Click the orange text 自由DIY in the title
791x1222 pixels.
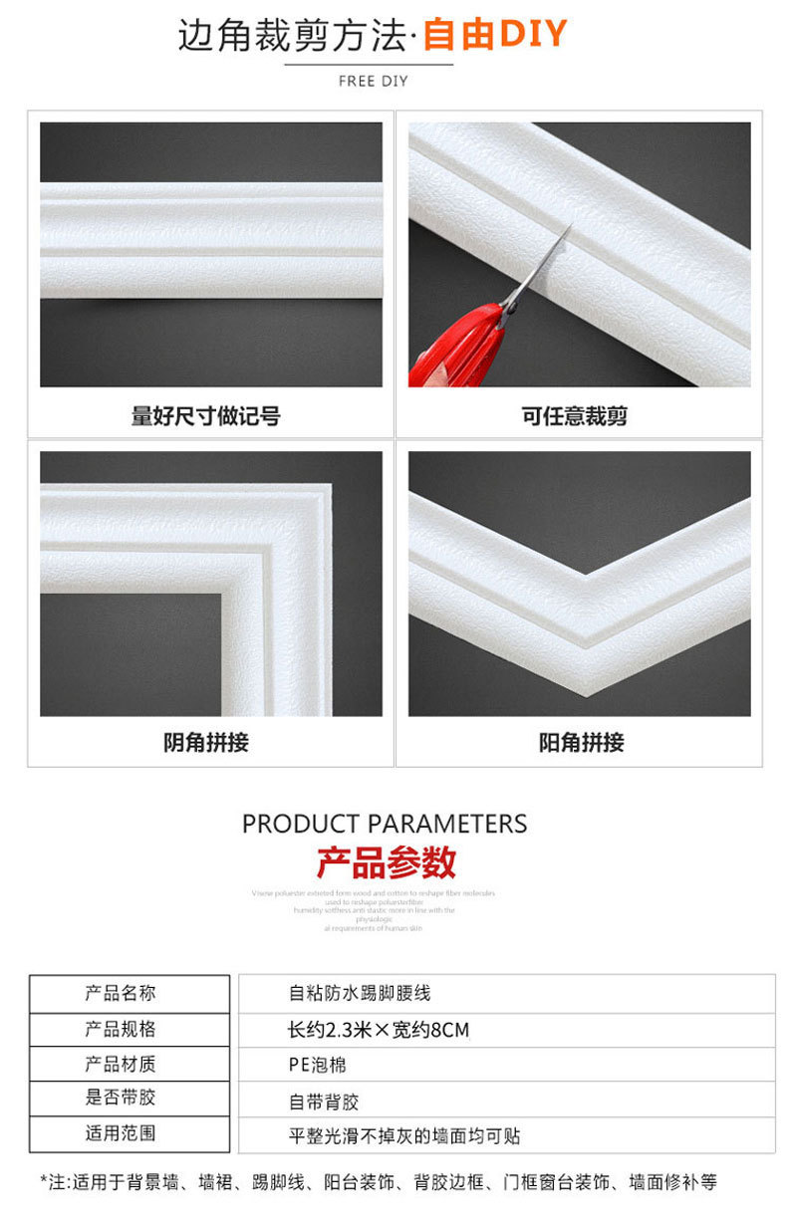[494, 35]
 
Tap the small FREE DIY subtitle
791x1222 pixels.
[373, 81]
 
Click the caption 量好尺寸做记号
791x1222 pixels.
[205, 415]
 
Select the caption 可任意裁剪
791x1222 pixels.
[575, 415]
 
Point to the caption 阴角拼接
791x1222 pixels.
[205, 742]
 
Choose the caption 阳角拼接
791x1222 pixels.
[581, 742]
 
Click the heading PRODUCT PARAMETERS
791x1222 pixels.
[385, 824]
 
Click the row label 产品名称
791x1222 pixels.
[120, 993]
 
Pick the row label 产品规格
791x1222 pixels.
[120, 1029]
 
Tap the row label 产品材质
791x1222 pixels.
[120, 1064]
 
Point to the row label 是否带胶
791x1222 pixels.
[120, 1099]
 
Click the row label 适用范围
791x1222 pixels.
[120, 1133]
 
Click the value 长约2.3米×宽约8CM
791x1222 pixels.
[378, 1030]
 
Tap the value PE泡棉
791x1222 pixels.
[317, 1065]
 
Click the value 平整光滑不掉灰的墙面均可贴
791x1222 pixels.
[403, 1135]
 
